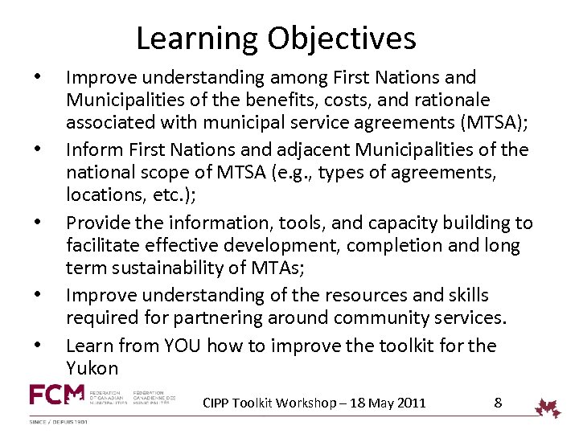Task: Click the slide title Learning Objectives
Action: pos(276,38)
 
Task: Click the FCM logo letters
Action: pos(56,395)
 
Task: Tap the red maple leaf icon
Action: pos(549,407)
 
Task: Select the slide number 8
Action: pos(498,402)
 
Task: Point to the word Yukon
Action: pos(92,369)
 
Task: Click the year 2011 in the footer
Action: pos(410,403)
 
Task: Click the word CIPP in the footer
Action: pos(217,403)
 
